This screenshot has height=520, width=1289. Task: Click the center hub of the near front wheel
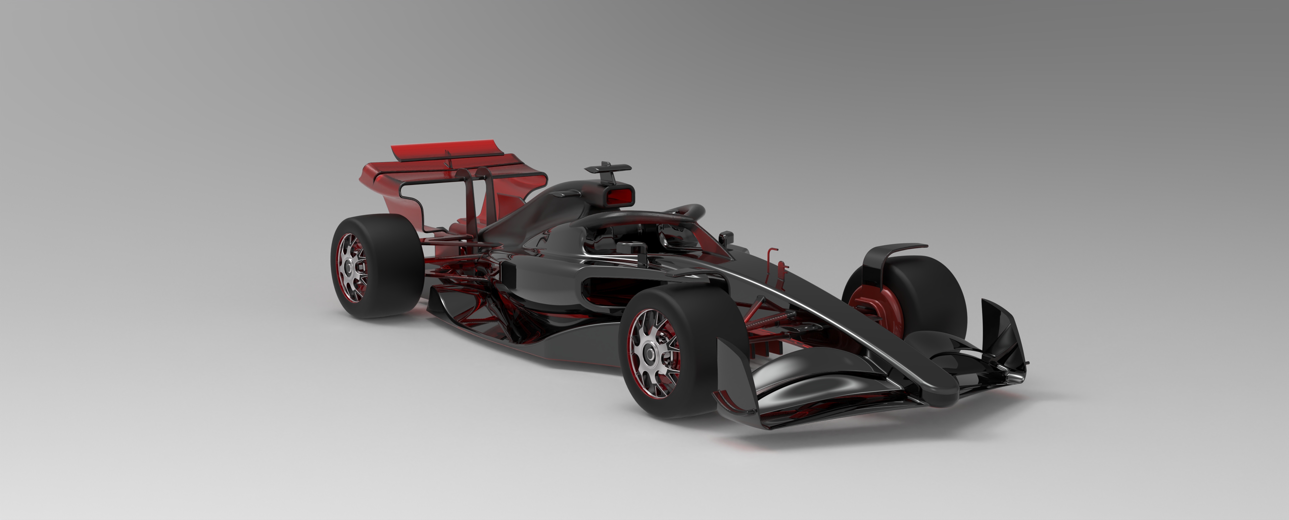click(x=650, y=354)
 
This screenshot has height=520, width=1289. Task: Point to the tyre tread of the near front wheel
click(x=711, y=320)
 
